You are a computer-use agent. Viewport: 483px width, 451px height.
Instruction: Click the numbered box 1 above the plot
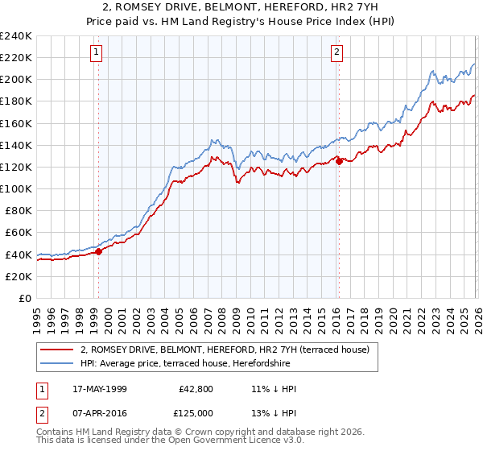click(x=97, y=53)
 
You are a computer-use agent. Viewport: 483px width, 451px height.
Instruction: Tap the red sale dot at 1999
click(x=98, y=251)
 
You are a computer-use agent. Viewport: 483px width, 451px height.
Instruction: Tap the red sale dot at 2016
click(x=339, y=161)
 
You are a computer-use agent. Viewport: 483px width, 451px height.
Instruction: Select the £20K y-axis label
click(x=19, y=276)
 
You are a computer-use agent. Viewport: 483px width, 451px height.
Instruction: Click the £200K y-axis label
click(x=15, y=80)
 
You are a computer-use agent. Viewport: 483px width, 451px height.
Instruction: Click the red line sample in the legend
click(x=57, y=350)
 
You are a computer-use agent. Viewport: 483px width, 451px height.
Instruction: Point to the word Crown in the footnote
click(x=205, y=432)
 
